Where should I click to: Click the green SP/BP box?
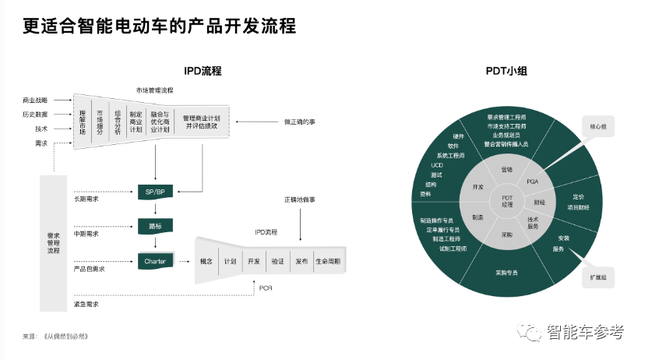click(x=155, y=191)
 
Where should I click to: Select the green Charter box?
click(x=155, y=262)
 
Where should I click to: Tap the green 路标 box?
click(x=155, y=226)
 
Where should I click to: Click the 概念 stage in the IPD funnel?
click(x=206, y=262)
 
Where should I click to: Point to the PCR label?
click(x=266, y=288)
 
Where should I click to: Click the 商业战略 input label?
click(x=35, y=101)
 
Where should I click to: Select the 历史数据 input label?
click(x=35, y=115)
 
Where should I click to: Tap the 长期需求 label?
click(x=86, y=199)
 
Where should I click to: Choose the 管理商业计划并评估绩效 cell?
click(x=201, y=123)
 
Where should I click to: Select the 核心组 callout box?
click(x=599, y=125)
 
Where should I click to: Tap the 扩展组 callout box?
click(x=599, y=277)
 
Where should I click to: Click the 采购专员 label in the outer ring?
click(x=506, y=273)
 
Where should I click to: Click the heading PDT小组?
click(x=506, y=72)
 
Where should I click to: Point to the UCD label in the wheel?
click(x=436, y=165)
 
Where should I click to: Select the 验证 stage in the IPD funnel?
click(x=277, y=262)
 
